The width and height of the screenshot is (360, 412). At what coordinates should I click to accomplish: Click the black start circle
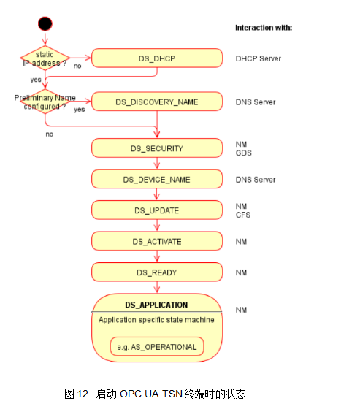45,24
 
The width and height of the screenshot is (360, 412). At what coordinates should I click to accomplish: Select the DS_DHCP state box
157,58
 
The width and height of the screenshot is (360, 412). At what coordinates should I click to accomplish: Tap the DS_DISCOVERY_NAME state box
157,102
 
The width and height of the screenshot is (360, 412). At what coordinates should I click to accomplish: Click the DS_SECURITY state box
157,148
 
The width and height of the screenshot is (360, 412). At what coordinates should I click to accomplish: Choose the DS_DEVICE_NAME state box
157,179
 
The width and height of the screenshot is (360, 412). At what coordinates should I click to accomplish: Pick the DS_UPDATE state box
157,210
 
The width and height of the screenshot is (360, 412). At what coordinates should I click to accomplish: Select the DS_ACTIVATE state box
157,241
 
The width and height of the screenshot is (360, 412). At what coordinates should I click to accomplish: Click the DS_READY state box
157,272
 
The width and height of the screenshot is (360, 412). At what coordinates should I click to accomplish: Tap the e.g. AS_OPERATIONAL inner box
157,347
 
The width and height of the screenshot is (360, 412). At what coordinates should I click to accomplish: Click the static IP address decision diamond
45,58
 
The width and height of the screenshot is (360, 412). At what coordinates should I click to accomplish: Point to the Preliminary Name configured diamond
45,102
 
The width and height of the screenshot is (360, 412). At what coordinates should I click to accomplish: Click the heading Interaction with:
264,28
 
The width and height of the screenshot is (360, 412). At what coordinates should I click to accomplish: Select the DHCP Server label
258,58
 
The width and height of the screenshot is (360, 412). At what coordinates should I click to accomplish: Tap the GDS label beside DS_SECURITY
244,153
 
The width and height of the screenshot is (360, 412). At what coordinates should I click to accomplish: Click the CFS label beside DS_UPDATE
243,215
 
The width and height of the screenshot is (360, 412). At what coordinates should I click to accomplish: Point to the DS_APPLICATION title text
156,305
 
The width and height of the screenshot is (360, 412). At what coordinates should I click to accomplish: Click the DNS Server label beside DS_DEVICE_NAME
256,180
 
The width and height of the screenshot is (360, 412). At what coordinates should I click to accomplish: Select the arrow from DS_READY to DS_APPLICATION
157,287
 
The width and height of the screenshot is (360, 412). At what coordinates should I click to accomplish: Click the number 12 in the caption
83,394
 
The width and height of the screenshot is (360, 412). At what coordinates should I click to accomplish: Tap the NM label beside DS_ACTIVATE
241,242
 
